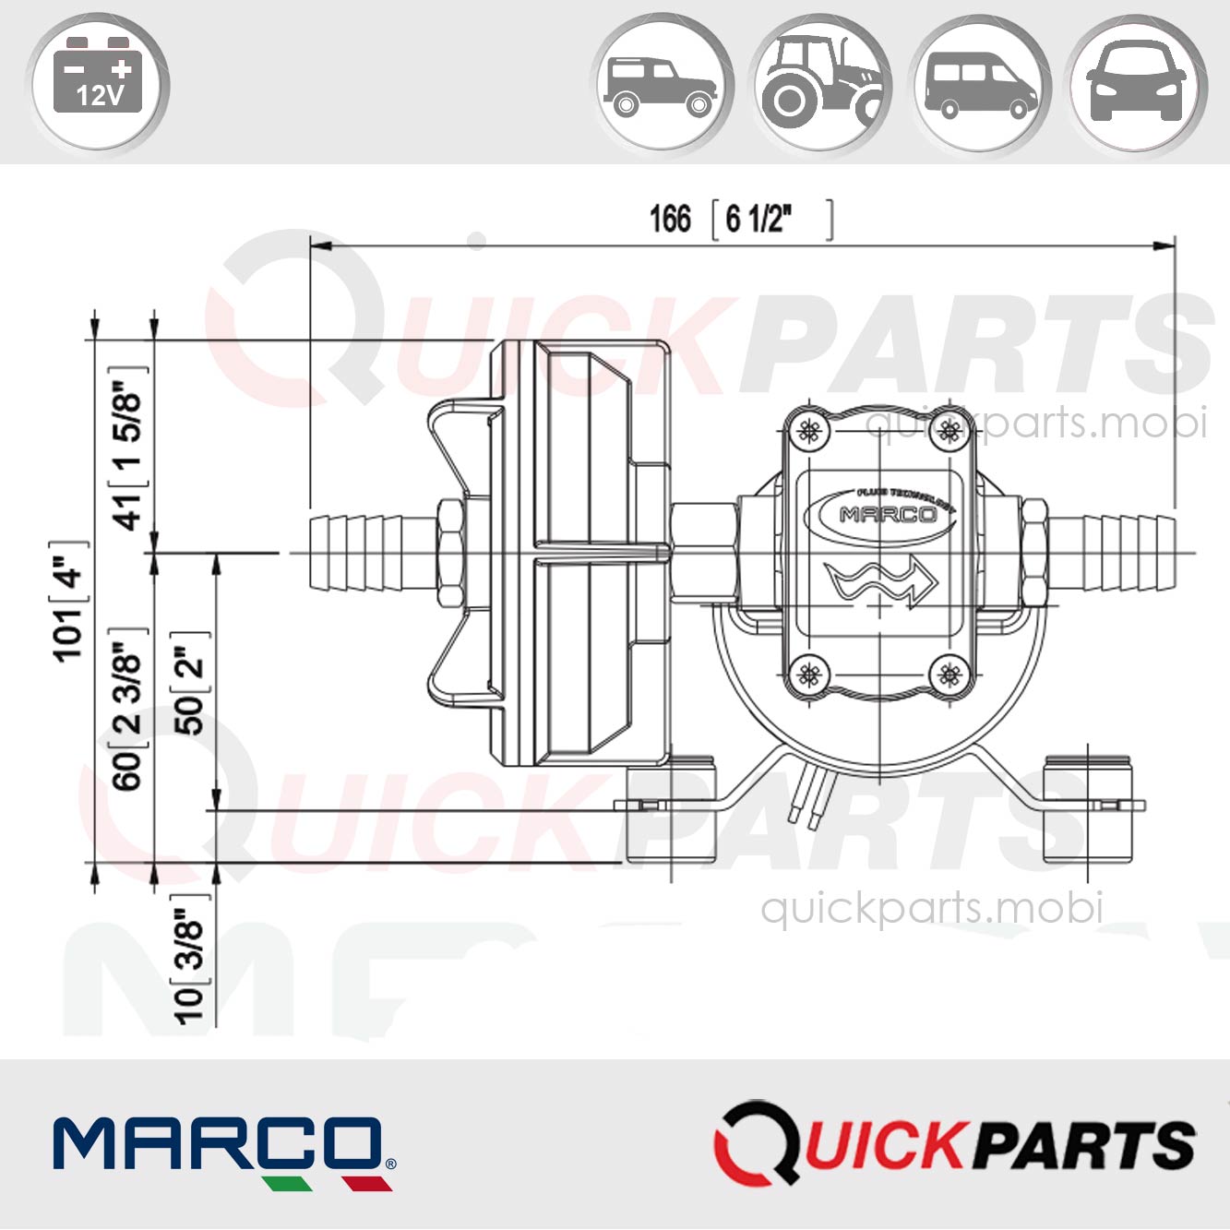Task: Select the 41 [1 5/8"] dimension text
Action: (128, 449)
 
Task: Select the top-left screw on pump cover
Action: (810, 429)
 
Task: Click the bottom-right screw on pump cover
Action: (949, 675)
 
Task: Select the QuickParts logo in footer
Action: (955, 1144)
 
